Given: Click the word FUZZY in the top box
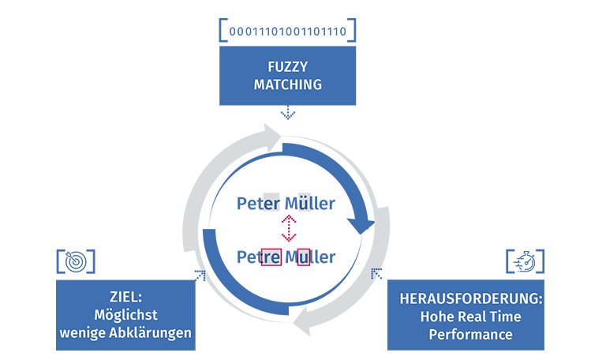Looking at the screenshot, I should (x=287, y=67).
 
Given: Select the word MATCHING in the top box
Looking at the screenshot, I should (x=287, y=84).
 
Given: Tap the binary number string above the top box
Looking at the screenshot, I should (x=287, y=32).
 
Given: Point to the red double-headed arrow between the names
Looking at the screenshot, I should (x=289, y=230).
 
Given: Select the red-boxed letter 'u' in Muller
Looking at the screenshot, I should (x=302, y=257).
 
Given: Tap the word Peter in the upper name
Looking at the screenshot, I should (x=258, y=204).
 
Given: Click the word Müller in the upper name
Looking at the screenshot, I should (x=309, y=204).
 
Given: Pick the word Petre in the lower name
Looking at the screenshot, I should (x=259, y=257).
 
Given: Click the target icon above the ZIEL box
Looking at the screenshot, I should (x=76, y=262).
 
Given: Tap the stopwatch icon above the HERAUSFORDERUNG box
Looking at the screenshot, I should (x=524, y=262).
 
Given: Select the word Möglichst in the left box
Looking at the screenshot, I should (x=125, y=315).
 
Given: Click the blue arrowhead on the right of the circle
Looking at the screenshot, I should (x=361, y=226).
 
